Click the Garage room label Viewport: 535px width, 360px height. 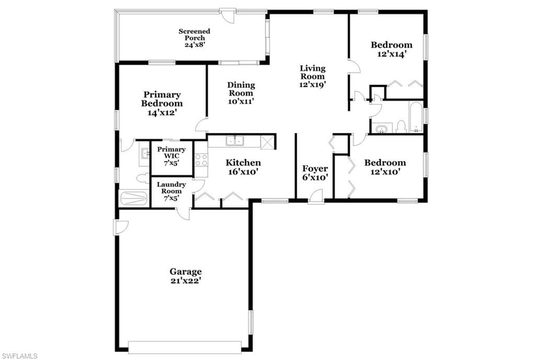(185, 276)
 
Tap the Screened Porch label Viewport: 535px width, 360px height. (194, 38)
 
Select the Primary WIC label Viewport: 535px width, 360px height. (171, 156)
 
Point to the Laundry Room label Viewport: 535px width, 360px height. (171, 191)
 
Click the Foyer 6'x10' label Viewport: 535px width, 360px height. (315, 172)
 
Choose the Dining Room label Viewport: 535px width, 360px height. (241, 93)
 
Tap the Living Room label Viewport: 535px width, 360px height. (312, 76)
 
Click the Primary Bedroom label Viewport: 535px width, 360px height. (162, 103)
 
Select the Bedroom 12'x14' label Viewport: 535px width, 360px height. (392, 49)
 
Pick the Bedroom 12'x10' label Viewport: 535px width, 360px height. (385, 167)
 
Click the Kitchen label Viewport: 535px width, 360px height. (243, 167)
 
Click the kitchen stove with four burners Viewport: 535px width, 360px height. (201, 160)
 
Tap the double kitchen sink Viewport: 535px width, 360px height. (235, 141)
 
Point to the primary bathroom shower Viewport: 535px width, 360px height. (134, 198)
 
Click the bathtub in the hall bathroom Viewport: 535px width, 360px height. (416, 117)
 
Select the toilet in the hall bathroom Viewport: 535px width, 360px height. (401, 126)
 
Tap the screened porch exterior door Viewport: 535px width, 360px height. (227, 15)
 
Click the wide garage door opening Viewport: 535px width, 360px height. (185, 346)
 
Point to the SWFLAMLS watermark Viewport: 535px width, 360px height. (19, 356)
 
